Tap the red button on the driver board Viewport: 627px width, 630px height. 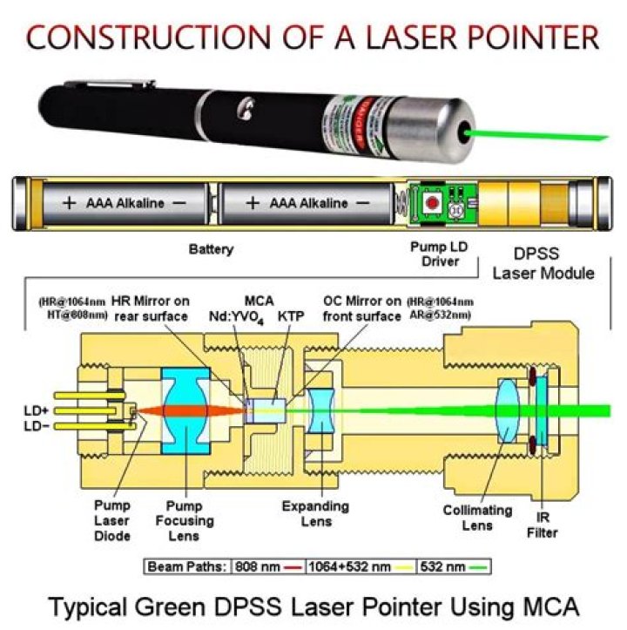point(429,201)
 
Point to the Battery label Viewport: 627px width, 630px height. point(211,249)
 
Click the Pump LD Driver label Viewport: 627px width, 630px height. point(439,254)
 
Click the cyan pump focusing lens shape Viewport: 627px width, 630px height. point(187,410)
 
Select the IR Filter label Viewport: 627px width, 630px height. point(545,525)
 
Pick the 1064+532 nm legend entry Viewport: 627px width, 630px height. point(361,566)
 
